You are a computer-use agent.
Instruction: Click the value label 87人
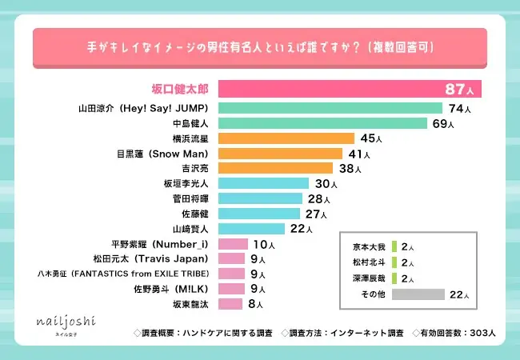pos(462,89)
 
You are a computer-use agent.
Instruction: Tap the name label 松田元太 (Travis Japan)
pos(151,259)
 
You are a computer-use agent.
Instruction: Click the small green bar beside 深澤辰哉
pos(394,278)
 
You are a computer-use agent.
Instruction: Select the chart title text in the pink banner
pos(260,47)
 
